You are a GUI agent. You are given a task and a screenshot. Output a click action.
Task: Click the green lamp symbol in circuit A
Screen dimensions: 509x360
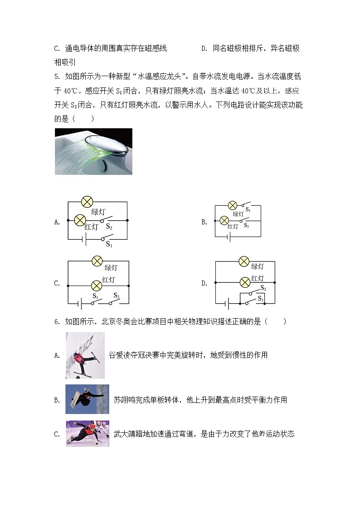pos(87,202)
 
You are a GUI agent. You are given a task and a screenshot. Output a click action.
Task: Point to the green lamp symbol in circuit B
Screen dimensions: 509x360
pos(233,205)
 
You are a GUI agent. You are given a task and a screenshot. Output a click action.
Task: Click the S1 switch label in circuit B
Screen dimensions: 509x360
pos(248,210)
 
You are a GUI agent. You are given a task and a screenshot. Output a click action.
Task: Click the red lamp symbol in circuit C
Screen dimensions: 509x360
pos(96,286)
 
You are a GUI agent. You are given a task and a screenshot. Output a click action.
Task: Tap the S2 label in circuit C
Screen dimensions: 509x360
pos(116,296)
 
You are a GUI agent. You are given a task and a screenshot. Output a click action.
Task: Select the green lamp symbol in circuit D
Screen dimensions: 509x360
pos(244,261)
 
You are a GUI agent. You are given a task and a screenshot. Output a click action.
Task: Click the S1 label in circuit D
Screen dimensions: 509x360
pos(260,299)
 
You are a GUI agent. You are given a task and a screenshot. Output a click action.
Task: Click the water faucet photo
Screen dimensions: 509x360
pos(93,151)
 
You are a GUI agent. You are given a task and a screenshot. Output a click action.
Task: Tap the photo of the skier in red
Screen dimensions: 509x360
pos(85,355)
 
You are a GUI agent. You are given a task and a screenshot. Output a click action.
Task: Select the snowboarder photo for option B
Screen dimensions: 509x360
pos(87,399)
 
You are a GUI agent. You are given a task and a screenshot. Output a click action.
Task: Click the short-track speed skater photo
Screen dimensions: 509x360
pos(87,434)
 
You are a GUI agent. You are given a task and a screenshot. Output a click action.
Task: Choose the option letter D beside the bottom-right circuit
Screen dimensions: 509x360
pos(204,283)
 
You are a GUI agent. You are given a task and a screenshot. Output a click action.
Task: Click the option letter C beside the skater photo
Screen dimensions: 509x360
pos(57,434)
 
